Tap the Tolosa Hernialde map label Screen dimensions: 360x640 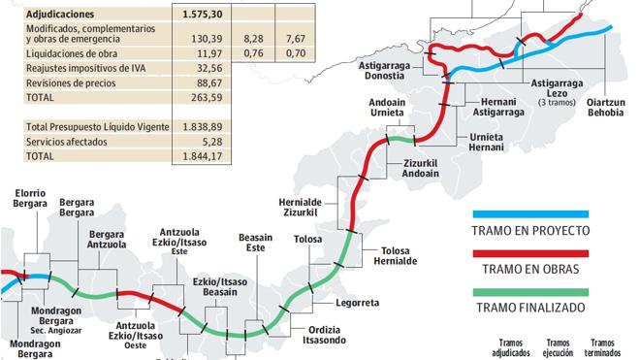tap(394, 256)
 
